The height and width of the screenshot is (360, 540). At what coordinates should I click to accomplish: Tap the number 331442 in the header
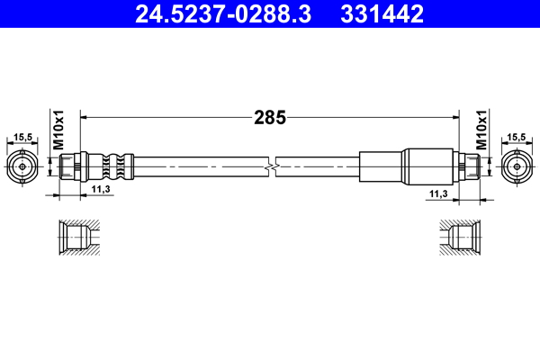point(382,13)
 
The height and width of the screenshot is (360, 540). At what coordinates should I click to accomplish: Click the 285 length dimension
point(270,117)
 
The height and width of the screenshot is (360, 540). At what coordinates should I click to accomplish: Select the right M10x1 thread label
point(481,131)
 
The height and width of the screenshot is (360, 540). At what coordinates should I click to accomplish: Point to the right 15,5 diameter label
point(516,138)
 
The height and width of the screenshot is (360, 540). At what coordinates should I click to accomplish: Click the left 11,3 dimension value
point(102,190)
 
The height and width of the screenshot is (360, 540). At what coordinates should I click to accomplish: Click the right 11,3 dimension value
point(438,193)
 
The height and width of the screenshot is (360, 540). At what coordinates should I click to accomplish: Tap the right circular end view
point(516,166)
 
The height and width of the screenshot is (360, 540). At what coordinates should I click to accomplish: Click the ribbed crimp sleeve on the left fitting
point(110,166)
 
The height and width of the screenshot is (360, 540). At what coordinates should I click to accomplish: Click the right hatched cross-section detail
point(459,238)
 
